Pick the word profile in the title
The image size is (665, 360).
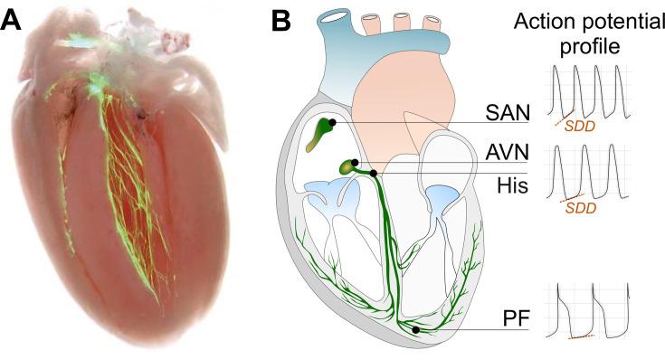pyautogui.click(x=586, y=47)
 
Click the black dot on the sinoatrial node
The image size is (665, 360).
pyautogui.click(x=333, y=121)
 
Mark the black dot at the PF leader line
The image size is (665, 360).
pyautogui.click(x=415, y=331)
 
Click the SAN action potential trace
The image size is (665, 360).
pyautogui.click(x=588, y=90)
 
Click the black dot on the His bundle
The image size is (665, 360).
pyautogui.click(x=373, y=172)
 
